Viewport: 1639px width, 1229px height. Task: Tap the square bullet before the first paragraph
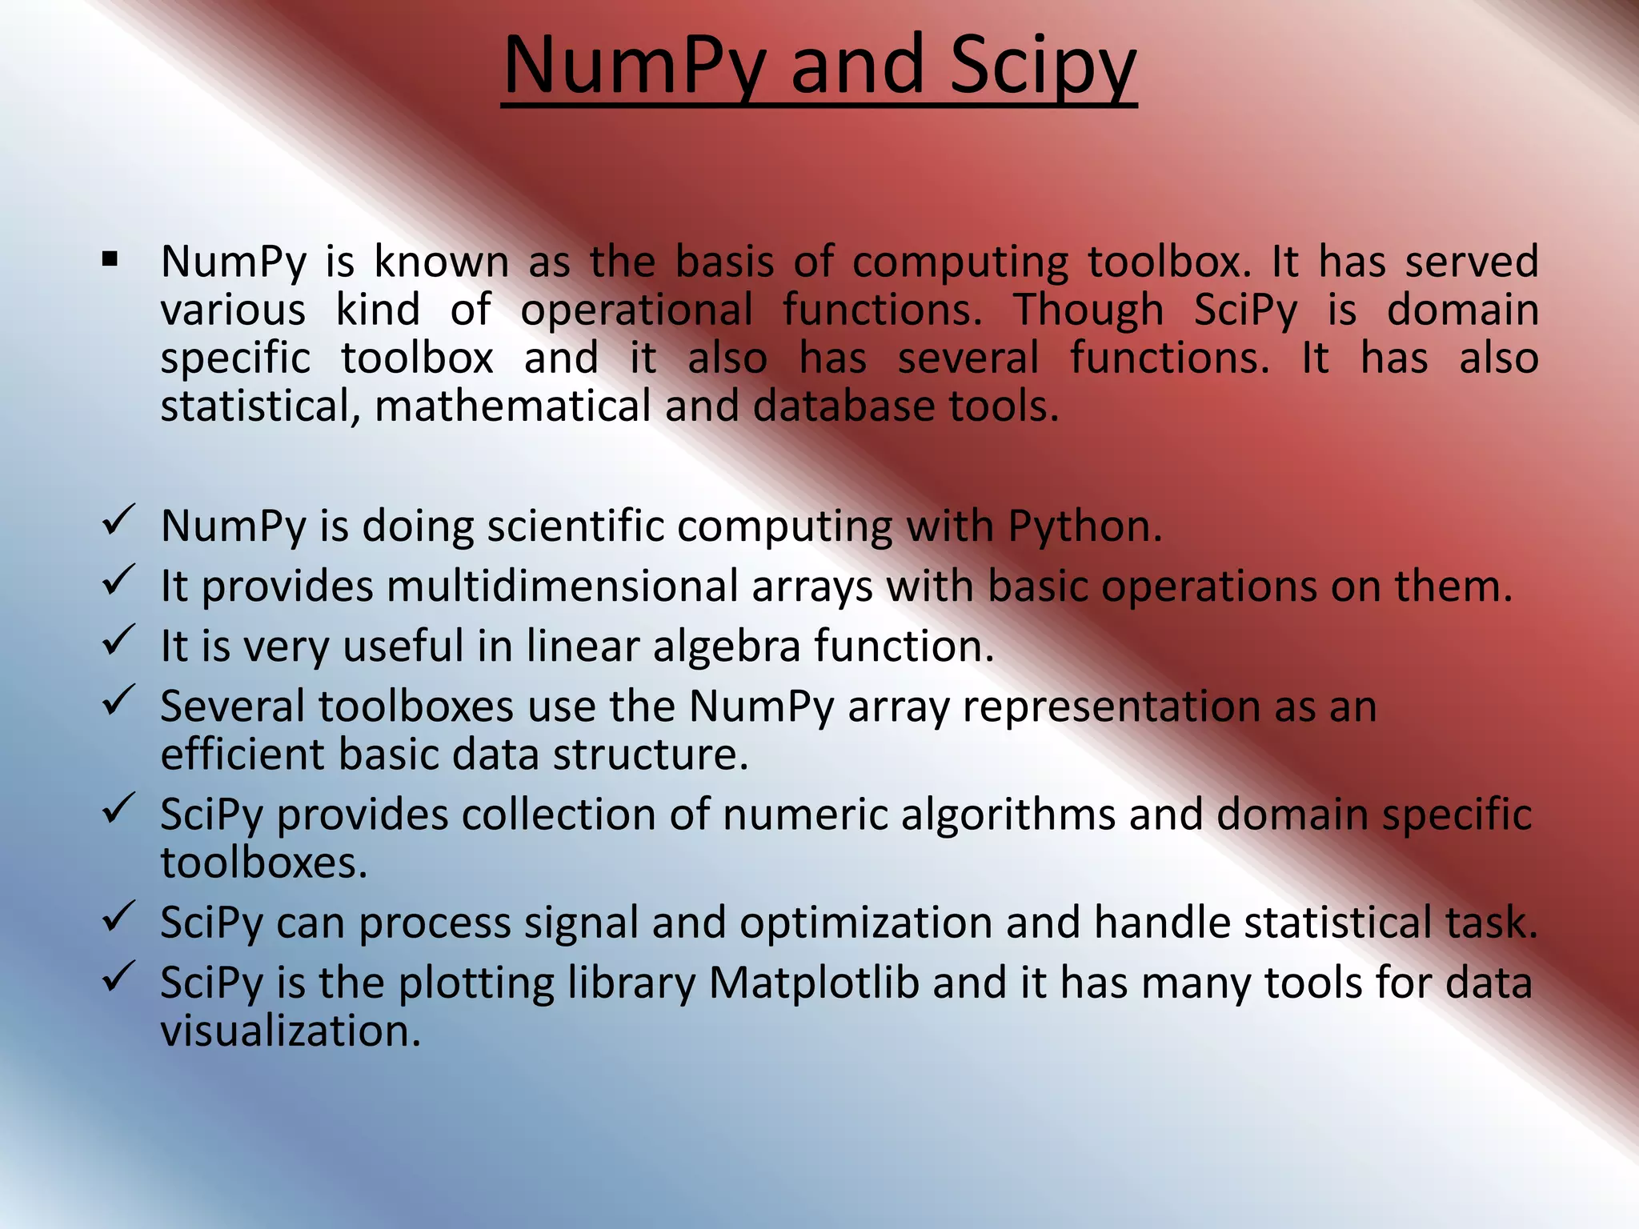pos(110,259)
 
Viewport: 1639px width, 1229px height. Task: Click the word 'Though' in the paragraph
pos(1088,310)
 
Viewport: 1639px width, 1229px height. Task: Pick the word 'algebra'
pos(727,646)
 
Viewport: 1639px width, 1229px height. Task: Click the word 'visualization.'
pos(291,1031)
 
